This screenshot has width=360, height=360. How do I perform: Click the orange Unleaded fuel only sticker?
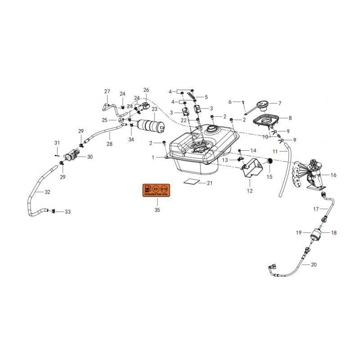pos(156,190)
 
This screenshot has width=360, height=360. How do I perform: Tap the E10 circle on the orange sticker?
pos(164,189)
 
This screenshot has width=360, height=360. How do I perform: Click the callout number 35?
pos(157,210)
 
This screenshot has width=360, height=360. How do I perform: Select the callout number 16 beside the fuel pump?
pos(333,175)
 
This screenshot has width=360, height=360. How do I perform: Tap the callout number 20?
pos(314,265)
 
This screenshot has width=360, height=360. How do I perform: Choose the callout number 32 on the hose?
pos(47,192)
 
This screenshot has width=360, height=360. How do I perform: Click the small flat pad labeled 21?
pos(191,181)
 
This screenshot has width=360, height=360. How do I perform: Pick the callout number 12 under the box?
pos(250,191)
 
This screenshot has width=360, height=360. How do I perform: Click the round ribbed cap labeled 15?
pos(270,161)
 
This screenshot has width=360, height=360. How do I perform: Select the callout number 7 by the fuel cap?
pos(279,103)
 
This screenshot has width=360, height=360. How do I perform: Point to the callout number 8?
pos(290,118)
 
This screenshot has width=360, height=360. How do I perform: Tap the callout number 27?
pos(107,91)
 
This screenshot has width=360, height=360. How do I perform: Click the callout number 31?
pos(57,143)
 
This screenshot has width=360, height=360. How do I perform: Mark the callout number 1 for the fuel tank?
pos(153,157)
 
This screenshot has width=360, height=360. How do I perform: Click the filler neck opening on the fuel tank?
pos(211,129)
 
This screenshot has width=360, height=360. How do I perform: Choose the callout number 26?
pos(146,90)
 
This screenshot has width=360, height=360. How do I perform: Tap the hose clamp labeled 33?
pos(53,211)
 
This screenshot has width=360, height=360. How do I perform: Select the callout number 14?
pos(253,151)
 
